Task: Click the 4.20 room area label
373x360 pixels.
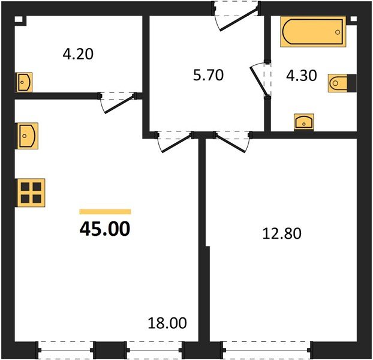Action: [x=78, y=54]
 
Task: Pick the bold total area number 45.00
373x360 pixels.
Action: [x=104, y=229]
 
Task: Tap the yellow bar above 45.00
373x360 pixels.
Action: [x=105, y=211]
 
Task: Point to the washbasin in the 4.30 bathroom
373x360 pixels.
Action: [x=305, y=122]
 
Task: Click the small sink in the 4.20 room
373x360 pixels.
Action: [x=24, y=82]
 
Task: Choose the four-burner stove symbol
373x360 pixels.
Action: [x=29, y=192]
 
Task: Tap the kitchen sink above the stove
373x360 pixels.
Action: [x=28, y=135]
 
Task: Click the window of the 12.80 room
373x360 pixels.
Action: [x=267, y=347]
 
